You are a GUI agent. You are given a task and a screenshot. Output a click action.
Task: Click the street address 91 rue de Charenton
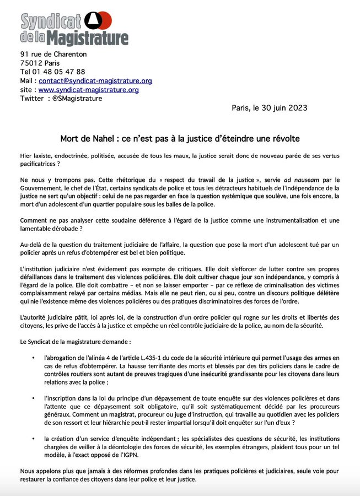coord(53,54)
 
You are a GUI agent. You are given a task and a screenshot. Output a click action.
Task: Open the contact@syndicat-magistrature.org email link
coord(95,80)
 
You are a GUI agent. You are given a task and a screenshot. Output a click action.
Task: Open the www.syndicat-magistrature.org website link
coord(89,89)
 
